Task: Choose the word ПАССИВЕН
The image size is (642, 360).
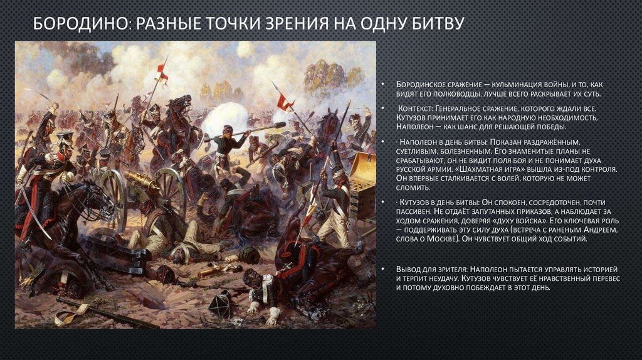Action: click(415, 214)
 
